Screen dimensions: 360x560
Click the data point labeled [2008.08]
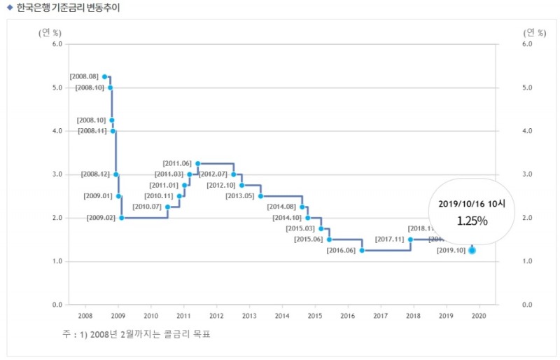pyautogui.click(x=104, y=76)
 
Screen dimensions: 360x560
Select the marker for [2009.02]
pyautogui.click(x=122, y=218)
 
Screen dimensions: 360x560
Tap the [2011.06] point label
pyautogui.click(x=177, y=163)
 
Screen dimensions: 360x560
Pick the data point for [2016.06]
pyautogui.click(x=362, y=250)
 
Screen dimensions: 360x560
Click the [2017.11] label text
pyautogui.click(x=390, y=240)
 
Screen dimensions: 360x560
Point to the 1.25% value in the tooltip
pyautogui.click(x=472, y=221)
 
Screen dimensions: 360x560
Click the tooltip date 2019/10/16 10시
pyautogui.click(x=472, y=204)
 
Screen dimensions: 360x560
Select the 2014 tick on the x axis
pyautogui.click(x=282, y=317)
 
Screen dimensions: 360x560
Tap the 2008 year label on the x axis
pyautogui.click(x=85, y=317)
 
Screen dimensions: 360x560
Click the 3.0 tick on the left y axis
pyautogui.click(x=57, y=174)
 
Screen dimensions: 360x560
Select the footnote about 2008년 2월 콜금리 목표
pyautogui.click(x=136, y=334)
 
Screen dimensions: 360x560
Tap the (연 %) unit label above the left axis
pyautogui.click(x=50, y=32)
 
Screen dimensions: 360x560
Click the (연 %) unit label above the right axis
pyautogui.click(x=535, y=32)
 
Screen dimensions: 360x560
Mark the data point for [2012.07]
pyautogui.click(x=234, y=174)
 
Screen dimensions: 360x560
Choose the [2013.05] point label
pyautogui.click(x=240, y=196)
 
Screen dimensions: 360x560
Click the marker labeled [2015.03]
pyautogui.click(x=321, y=228)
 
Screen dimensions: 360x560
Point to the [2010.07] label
pyautogui.click(x=147, y=207)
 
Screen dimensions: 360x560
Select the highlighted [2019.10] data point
pyautogui.click(x=472, y=250)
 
